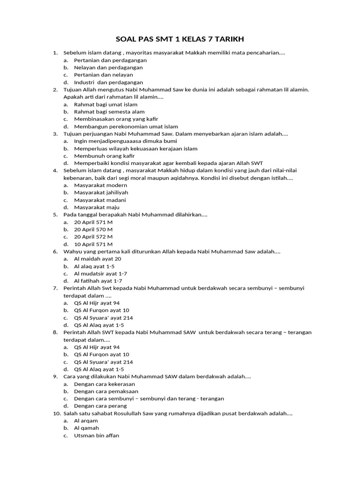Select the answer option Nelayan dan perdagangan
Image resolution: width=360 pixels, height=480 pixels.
tap(108, 67)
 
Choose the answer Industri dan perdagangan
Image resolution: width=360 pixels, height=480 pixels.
tap(108, 82)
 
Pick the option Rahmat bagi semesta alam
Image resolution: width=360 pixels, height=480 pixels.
tap(109, 112)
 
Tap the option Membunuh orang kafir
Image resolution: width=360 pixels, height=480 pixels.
tap(104, 156)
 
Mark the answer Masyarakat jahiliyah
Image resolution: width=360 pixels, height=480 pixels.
tap(101, 193)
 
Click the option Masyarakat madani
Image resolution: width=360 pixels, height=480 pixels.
tap(100, 200)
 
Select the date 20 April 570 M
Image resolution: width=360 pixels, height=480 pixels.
tap(93, 230)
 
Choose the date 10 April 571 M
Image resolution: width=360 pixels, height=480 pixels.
tap(93, 244)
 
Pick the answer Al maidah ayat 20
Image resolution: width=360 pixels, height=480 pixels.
tap(97, 259)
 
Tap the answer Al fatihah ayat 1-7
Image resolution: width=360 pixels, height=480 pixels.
tap(98, 281)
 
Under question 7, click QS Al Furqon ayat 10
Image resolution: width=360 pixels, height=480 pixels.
tap(102, 310)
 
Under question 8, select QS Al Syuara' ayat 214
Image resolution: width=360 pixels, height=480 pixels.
tap(104, 362)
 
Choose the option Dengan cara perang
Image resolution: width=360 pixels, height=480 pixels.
tap(100, 406)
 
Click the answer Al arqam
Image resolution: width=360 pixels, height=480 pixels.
tap(86, 421)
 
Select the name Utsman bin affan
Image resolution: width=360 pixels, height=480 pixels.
tap(97, 435)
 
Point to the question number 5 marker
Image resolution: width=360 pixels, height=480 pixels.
tap(55, 215)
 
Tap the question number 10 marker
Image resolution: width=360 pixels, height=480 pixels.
tap(56, 413)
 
